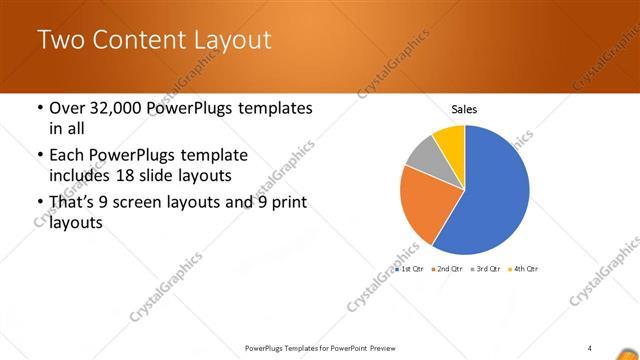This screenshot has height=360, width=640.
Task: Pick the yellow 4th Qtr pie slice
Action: click(451, 139)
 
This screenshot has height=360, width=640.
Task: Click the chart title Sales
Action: click(464, 108)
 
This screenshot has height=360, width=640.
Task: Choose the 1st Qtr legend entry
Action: click(409, 270)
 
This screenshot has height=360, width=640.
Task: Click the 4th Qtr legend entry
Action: click(523, 270)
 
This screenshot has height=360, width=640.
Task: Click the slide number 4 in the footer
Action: click(590, 347)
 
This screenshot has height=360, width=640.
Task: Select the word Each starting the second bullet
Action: click(67, 156)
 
